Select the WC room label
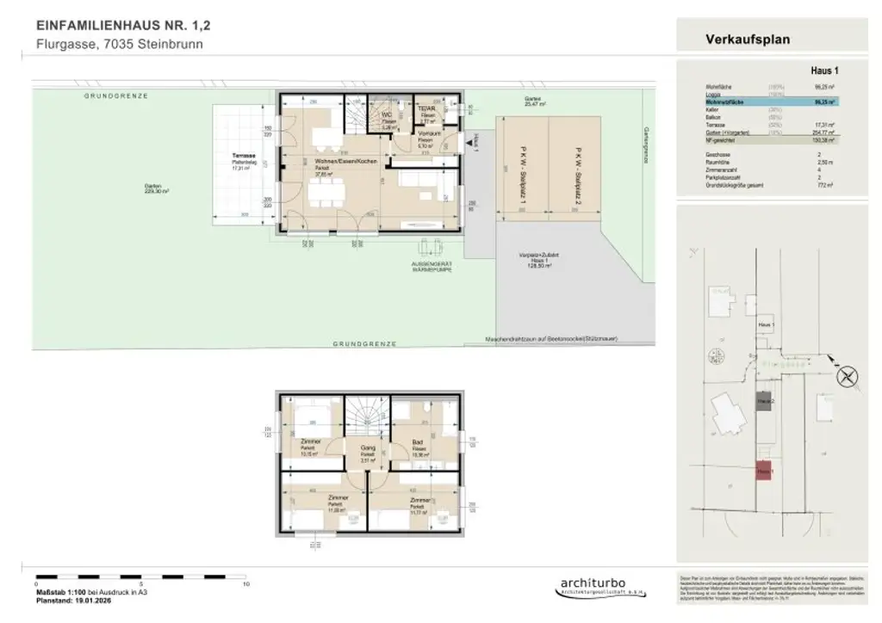388,116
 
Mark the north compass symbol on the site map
848,375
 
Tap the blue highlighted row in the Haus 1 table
759,102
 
